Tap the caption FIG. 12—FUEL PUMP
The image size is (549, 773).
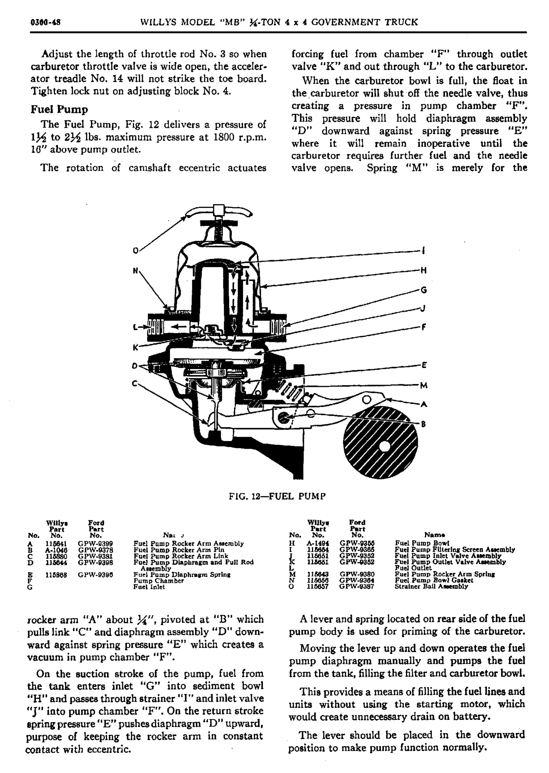[x=277, y=496]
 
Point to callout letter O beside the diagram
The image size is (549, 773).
[x=136, y=250]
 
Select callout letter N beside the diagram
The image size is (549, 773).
[x=136, y=271]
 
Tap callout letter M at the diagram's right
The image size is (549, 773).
[x=424, y=385]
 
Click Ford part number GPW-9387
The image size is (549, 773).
[x=357, y=587]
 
